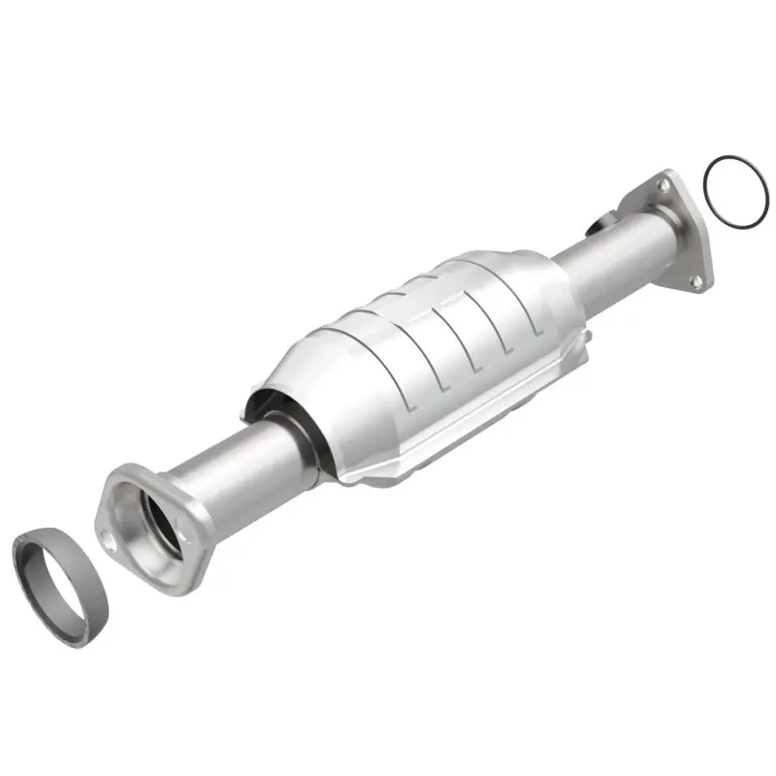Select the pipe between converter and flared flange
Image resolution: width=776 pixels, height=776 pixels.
pos(242,465)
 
